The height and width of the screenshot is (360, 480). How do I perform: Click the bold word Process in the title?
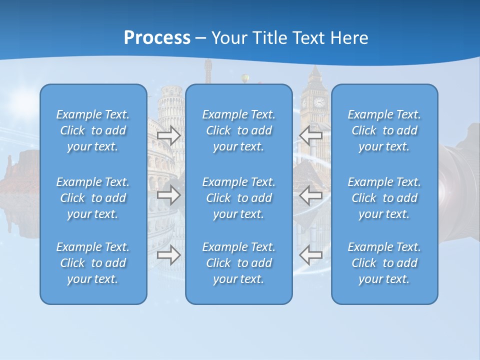coord(157,38)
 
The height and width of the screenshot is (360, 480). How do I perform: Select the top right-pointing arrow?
coord(169,135)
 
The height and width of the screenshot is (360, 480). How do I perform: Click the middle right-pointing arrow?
coord(169,195)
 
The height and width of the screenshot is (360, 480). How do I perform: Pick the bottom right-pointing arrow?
coord(169,255)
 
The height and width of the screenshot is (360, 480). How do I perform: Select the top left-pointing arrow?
coord(310,135)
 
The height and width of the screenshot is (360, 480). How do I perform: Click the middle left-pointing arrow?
coord(310,195)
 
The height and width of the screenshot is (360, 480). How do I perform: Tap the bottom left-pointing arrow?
coord(310,255)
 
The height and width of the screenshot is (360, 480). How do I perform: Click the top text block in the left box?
coord(93,130)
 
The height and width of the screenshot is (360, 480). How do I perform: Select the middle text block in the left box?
coord(93,198)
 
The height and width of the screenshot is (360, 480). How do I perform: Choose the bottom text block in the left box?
coord(93,263)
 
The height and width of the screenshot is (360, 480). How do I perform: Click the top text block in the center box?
coord(238,130)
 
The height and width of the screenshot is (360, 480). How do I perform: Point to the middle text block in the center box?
coord(238,198)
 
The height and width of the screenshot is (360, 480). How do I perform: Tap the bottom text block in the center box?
coord(238,263)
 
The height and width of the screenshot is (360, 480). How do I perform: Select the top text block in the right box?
coord(384,130)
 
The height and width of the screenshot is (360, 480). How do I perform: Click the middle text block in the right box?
coord(384,198)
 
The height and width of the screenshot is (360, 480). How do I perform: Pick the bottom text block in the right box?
coord(384,263)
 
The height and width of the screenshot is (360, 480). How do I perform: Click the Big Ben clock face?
coord(318,102)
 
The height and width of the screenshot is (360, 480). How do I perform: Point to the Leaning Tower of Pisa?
coord(170,107)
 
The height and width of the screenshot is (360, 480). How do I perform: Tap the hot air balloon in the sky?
coord(245,78)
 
